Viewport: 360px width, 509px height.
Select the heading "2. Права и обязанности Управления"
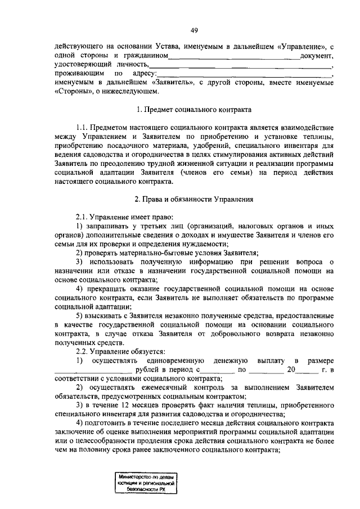tap(193, 199)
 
